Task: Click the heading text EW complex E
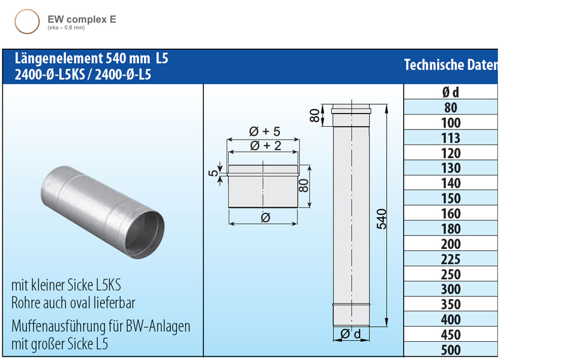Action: pos(81,19)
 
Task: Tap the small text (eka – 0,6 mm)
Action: pos(66,27)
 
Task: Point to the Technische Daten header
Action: pos(450,65)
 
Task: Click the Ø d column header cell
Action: pos(451,92)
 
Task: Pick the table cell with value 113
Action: pos(451,138)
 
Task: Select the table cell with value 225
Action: pos(451,259)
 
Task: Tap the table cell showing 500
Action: pos(451,349)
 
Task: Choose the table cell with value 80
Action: pos(451,107)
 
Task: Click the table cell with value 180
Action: pos(451,228)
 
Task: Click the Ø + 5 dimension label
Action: pos(265,131)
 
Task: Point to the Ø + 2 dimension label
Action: pos(265,146)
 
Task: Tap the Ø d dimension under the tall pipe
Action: pos(351,334)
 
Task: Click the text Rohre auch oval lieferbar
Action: pos(73,302)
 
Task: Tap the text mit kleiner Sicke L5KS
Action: pos(66,286)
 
